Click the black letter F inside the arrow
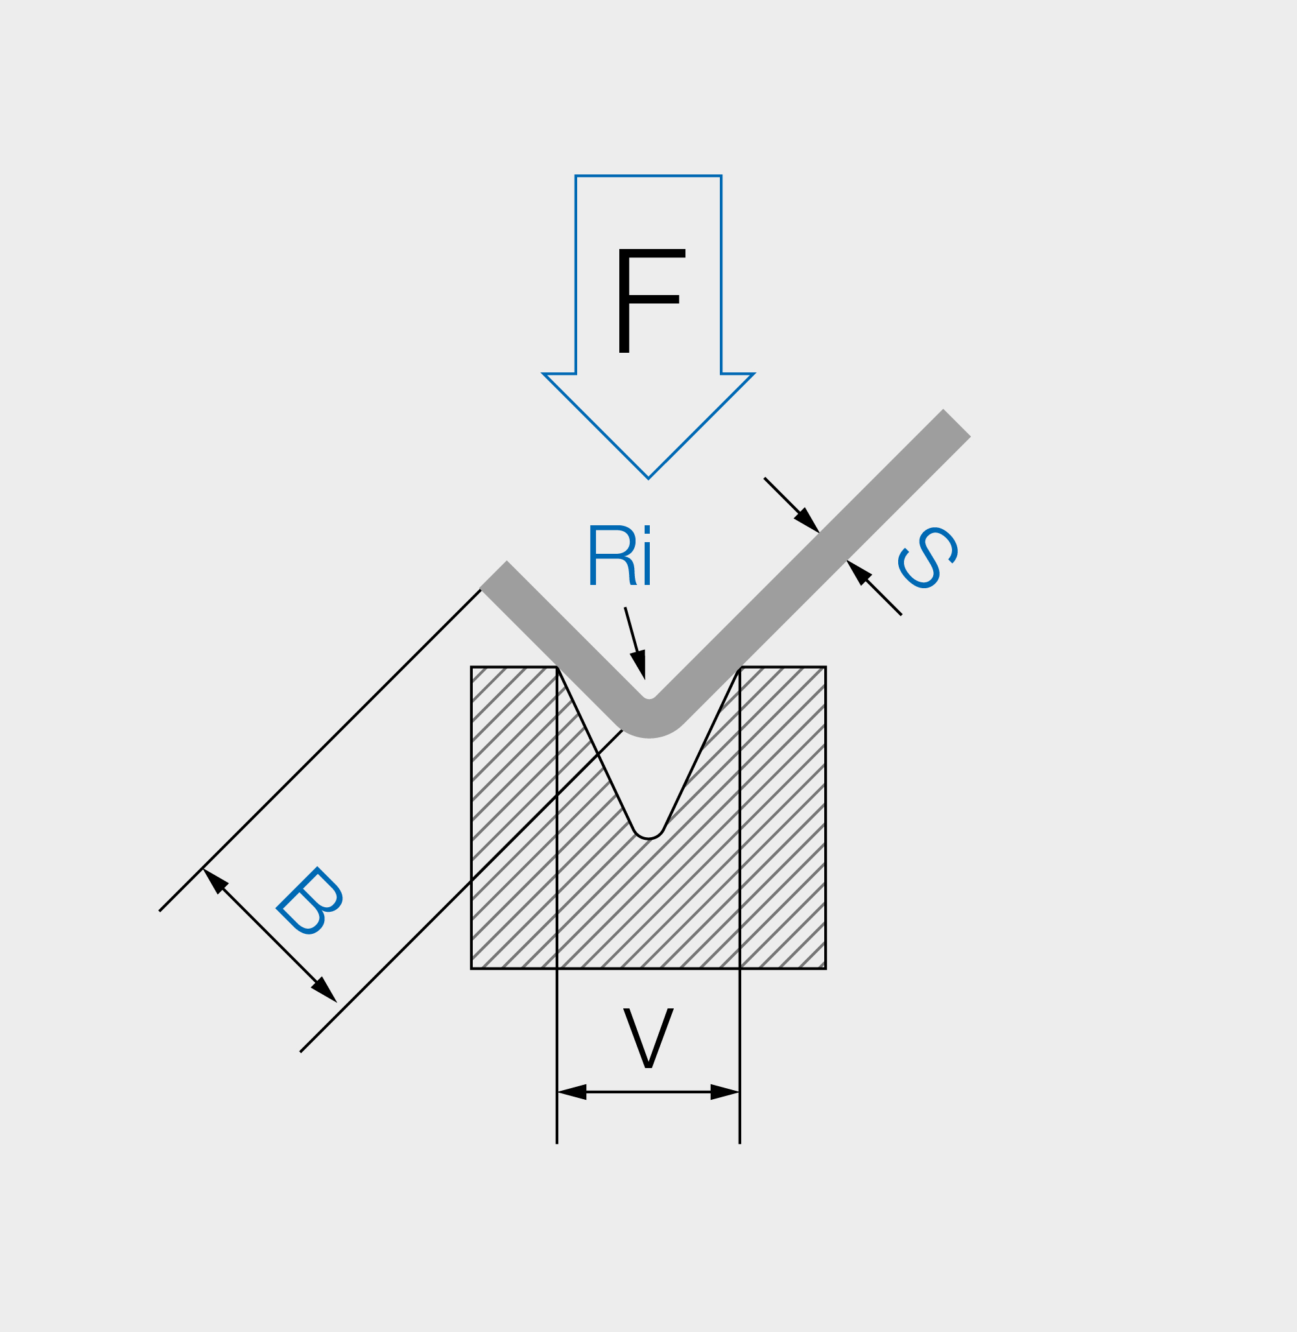coord(650,300)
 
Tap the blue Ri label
coord(619,555)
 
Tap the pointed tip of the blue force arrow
coord(648,477)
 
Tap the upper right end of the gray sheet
coord(957,423)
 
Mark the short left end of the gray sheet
coord(494,575)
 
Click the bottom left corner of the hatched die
coord(472,968)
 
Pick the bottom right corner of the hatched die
coord(825,968)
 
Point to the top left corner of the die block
coord(472,668)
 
